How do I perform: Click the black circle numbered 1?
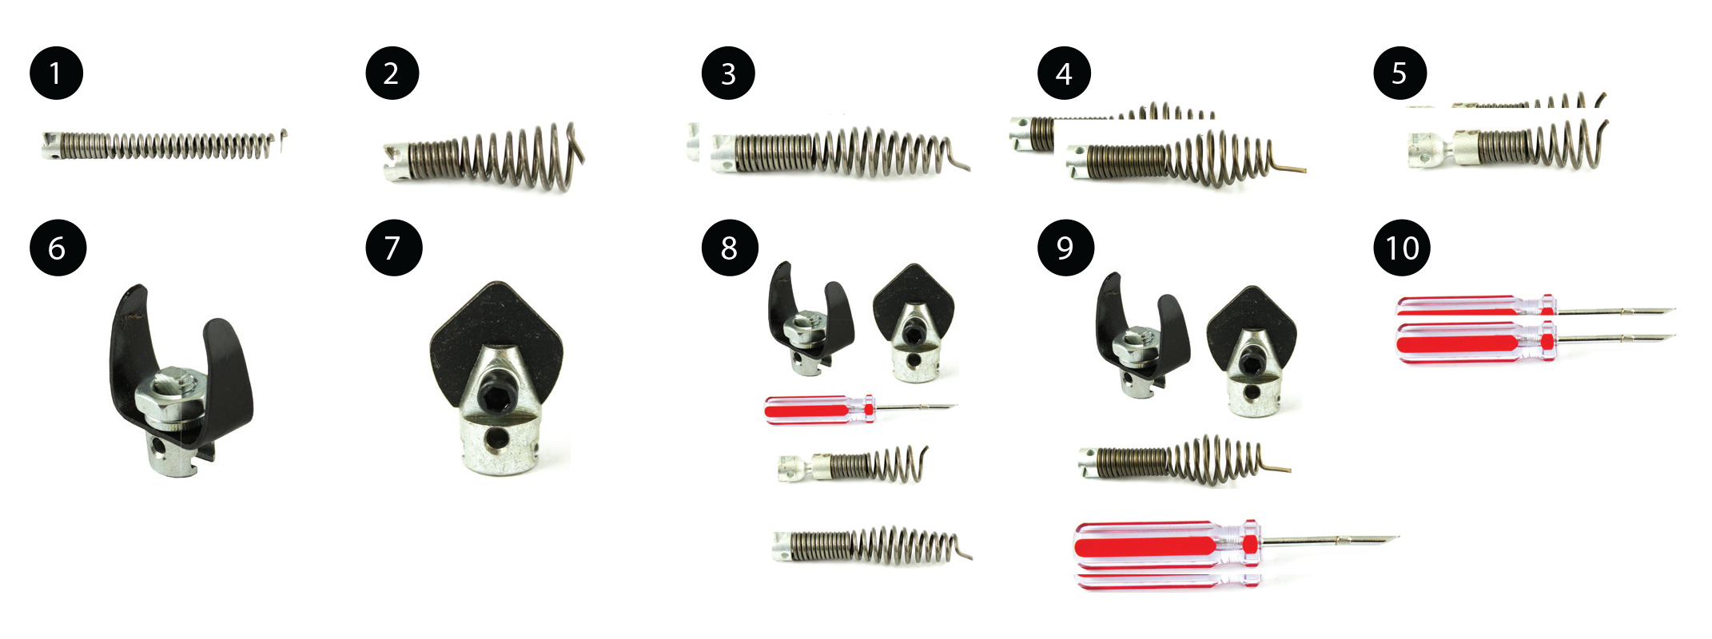click(x=56, y=73)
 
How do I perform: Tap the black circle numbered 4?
click(x=1064, y=73)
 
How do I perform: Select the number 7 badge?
click(x=393, y=248)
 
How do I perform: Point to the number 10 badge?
click(x=1402, y=248)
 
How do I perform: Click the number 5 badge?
click(x=1399, y=73)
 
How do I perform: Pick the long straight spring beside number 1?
click(x=164, y=145)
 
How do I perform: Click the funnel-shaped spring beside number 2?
click(x=484, y=157)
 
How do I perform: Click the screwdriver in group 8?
click(x=860, y=409)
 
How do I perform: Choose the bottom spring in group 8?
click(x=872, y=546)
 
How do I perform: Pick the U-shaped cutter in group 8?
click(x=810, y=319)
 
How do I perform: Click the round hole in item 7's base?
click(x=499, y=438)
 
